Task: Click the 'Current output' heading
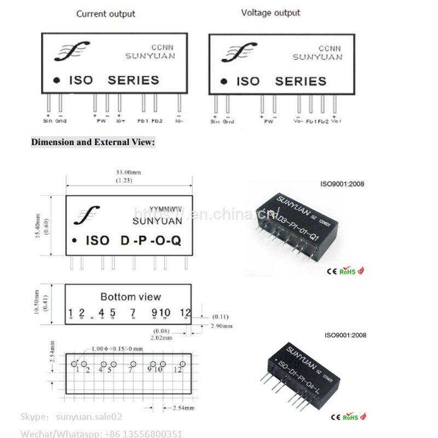tap(106, 14)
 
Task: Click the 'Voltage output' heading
tap(270, 13)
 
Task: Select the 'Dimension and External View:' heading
tap(93, 142)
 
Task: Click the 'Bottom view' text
tap(130, 297)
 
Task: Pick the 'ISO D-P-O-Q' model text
tap(133, 241)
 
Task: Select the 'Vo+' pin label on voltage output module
tap(337, 121)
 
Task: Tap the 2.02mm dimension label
tap(163, 338)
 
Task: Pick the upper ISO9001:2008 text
tap(342, 184)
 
